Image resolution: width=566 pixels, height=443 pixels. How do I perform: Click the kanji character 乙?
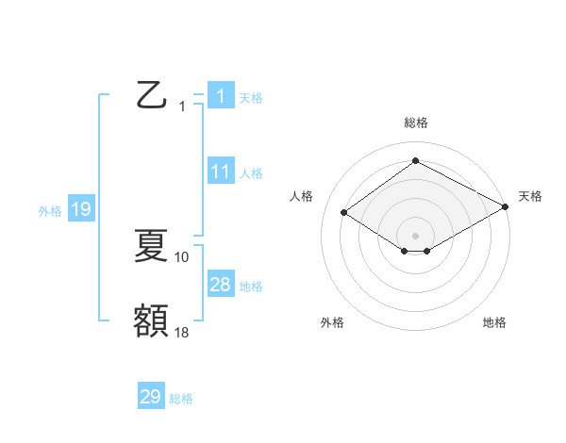151,96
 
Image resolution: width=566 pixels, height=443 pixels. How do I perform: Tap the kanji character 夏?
151,246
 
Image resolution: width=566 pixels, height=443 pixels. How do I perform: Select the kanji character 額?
151,320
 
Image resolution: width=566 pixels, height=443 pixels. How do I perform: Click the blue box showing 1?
220,96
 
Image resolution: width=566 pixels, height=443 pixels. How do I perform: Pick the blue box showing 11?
220,172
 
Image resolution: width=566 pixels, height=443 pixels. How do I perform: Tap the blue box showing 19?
81,209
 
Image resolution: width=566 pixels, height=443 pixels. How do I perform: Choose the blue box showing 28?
220,285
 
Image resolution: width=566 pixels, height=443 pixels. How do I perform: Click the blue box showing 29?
151,397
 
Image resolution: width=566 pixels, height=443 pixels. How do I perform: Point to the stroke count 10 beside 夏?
182,256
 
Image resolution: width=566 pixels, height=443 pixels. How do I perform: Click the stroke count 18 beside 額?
182,331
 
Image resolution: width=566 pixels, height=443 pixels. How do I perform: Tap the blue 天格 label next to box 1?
251,97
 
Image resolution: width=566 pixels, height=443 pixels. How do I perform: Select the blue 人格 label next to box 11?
251,172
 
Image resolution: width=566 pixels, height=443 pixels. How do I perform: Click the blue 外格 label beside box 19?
50,211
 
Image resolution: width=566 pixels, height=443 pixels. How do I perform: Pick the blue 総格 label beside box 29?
181,399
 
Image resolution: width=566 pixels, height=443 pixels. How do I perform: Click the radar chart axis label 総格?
416,123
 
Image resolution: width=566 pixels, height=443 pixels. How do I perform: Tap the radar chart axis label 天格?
530,196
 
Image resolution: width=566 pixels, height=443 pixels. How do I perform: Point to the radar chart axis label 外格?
332,322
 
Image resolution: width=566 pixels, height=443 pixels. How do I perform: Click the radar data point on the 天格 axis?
507,207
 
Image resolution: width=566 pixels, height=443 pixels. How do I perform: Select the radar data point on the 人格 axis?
344,213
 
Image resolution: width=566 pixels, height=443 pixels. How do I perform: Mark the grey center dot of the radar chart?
415,235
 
